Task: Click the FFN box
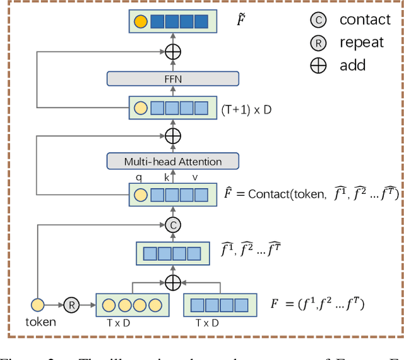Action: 173,78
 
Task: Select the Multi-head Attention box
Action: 173,161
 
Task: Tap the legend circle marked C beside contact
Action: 318,21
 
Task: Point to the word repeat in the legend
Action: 361,42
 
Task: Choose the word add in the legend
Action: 352,65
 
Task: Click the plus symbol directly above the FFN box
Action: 173,52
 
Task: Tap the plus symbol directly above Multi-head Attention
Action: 173,135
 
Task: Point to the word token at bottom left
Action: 40,321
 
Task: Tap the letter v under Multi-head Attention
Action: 194,177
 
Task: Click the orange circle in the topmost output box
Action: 141,22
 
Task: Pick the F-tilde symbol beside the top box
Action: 240,21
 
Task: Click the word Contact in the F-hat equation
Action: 268,194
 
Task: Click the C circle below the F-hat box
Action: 173,224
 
